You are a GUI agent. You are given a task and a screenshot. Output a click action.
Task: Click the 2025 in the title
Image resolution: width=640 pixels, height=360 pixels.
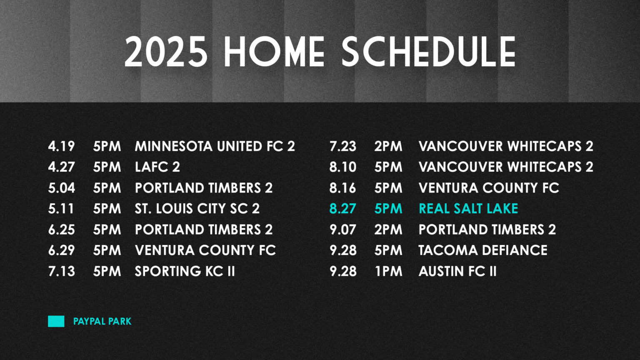tap(166, 52)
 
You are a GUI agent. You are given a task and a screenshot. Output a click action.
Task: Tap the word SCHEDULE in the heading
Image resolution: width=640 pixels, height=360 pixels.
tap(429, 52)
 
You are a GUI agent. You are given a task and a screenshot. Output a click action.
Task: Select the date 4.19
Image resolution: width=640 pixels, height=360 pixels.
tap(61, 146)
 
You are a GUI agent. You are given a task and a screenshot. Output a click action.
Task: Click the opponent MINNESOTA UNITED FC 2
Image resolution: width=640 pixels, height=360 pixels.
tap(215, 146)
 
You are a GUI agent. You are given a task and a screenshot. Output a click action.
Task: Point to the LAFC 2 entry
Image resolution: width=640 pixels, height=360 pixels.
tap(157, 167)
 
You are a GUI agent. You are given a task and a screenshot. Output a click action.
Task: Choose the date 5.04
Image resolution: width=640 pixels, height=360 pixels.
tap(61, 188)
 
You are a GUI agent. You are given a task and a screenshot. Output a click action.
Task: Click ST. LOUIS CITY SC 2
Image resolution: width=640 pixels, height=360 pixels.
tap(197, 209)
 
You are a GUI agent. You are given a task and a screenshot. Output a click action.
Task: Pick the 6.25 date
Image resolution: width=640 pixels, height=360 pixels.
tap(61, 230)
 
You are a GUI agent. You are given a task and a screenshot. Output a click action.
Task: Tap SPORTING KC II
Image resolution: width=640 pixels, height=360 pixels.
tap(185, 271)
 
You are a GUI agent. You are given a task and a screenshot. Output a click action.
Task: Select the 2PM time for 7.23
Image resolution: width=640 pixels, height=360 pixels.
tap(388, 146)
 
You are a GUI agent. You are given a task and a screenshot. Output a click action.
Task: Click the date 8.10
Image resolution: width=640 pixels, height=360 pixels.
tap(343, 167)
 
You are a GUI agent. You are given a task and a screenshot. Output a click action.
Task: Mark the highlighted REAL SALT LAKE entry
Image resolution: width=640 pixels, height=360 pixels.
tap(468, 209)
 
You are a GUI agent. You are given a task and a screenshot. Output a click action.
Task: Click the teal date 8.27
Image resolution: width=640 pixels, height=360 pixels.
tap(343, 209)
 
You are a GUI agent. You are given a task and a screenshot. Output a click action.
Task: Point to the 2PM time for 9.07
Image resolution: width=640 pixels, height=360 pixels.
tap(388, 230)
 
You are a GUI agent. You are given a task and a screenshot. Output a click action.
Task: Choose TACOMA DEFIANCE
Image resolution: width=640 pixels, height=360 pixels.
tap(483, 250)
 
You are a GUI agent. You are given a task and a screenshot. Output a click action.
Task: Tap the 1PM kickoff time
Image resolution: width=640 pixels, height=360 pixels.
tap(389, 271)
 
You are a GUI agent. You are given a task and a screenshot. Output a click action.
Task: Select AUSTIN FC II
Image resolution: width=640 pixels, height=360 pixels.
tap(458, 271)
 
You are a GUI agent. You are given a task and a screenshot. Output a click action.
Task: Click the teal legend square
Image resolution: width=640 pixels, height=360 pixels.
tap(56, 321)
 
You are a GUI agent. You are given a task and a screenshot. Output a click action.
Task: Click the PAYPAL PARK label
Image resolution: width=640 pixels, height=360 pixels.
tap(102, 321)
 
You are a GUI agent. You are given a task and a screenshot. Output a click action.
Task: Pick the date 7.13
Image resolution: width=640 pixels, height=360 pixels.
tap(61, 271)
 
